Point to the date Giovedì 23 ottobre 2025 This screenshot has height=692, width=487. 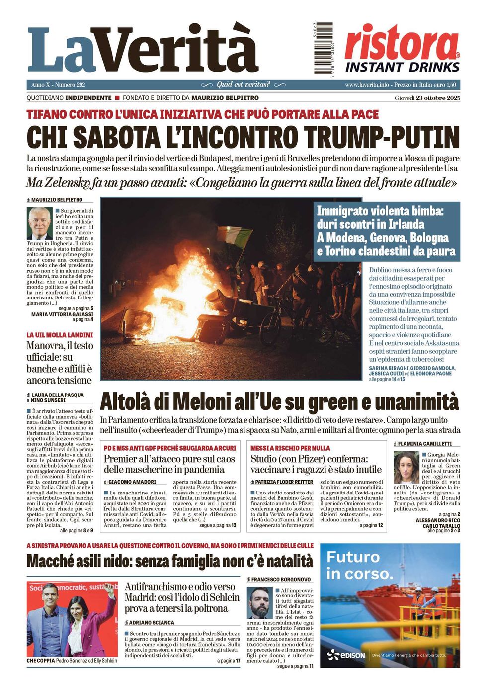click(427, 98)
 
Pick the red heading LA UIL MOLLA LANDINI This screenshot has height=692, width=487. click(60, 335)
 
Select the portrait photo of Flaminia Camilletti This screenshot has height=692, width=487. click(406, 467)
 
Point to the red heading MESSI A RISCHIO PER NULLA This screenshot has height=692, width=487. click(290, 448)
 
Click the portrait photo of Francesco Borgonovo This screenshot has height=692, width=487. click(260, 603)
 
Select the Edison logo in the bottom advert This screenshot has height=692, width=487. click(346, 655)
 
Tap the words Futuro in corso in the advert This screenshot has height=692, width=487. click(359, 565)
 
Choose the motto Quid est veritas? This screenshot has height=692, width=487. click(243, 85)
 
